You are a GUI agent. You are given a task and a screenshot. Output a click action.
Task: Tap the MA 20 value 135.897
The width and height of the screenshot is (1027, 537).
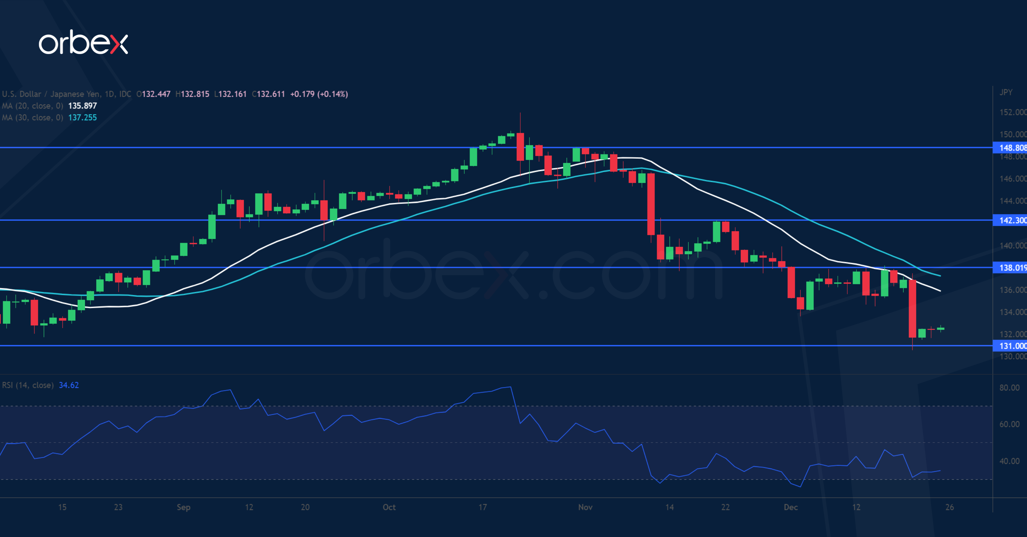pos(82,106)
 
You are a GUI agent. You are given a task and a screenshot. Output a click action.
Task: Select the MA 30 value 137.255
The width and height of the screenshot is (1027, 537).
pos(82,118)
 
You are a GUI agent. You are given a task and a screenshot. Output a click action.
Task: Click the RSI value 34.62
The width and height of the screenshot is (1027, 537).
pos(69,385)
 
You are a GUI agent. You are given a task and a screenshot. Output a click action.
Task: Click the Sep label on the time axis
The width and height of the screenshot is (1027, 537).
pos(183,507)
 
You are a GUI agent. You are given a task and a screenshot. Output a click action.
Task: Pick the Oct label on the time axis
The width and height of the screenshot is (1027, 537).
pos(389,507)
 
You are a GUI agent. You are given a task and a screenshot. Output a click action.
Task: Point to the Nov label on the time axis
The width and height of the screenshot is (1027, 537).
pos(585,507)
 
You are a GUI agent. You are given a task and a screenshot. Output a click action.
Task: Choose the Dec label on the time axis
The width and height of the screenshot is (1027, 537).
pos(791,507)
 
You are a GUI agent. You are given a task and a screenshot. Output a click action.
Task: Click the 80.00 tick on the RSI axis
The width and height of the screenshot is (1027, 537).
pos(1009,387)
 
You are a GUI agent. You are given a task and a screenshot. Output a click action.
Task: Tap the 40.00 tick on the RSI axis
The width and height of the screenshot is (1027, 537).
pos(1009,461)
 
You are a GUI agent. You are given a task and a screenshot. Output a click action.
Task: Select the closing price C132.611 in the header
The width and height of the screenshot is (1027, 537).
pos(268,94)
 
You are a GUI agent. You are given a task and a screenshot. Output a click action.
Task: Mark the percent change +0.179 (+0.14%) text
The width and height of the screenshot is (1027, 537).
pos(319,94)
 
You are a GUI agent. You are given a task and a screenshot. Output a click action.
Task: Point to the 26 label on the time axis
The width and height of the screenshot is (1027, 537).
pos(950,507)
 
